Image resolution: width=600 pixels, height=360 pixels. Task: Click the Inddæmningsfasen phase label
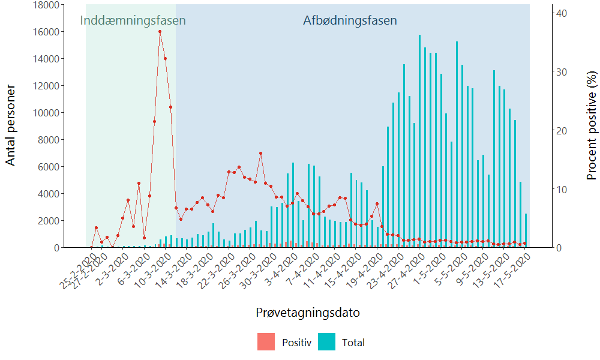(x=133, y=20)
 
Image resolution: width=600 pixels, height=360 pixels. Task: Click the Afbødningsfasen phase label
(x=350, y=20)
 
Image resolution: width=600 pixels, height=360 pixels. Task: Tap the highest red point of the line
(x=160, y=32)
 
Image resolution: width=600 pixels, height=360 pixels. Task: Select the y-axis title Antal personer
(x=10, y=125)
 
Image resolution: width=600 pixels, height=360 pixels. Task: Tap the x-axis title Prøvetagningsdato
(x=308, y=313)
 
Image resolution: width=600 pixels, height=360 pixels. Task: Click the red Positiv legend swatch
(x=266, y=342)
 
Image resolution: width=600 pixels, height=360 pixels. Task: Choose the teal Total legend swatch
(x=326, y=342)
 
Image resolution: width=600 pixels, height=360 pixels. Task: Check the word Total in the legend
(x=353, y=343)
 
